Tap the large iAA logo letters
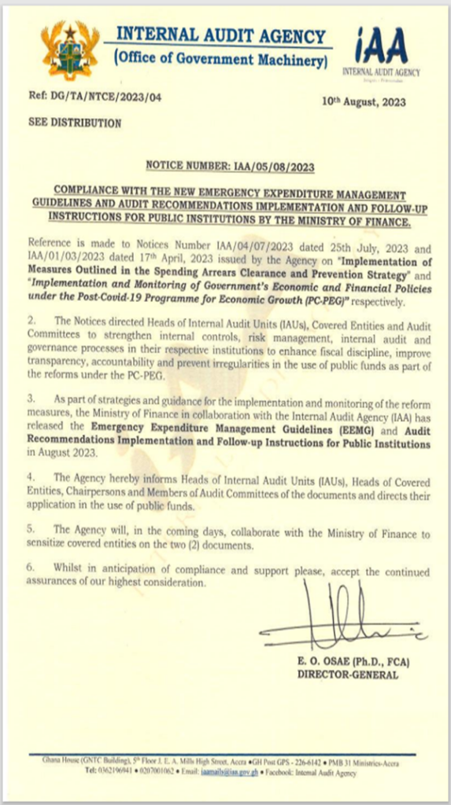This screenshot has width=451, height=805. click(x=381, y=47)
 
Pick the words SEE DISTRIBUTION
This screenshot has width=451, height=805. click(x=74, y=123)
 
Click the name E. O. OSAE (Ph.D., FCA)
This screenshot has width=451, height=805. click(x=353, y=661)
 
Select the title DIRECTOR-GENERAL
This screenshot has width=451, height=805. click(x=347, y=675)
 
